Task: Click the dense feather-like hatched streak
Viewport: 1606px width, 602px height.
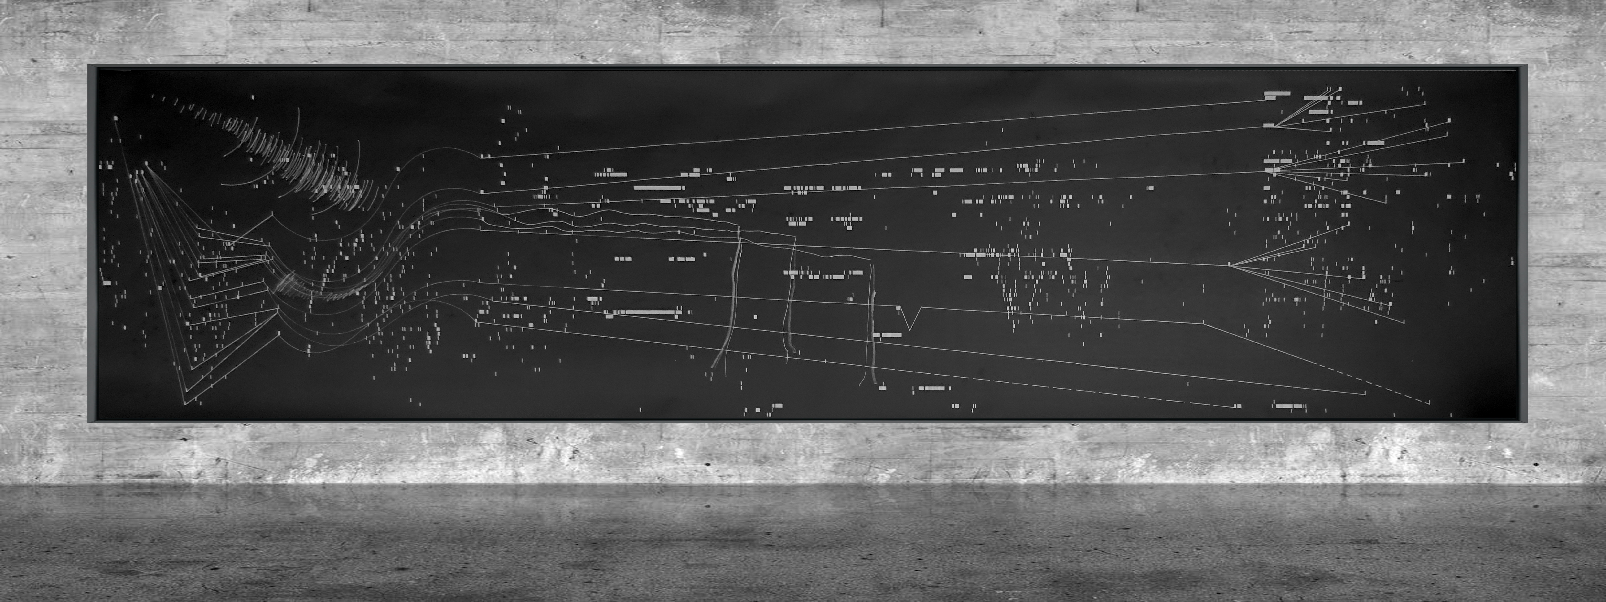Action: coord(293,156)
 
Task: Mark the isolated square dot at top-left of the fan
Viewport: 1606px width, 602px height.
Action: coord(116,118)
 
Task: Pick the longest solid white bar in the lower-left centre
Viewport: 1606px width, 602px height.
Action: coord(648,312)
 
